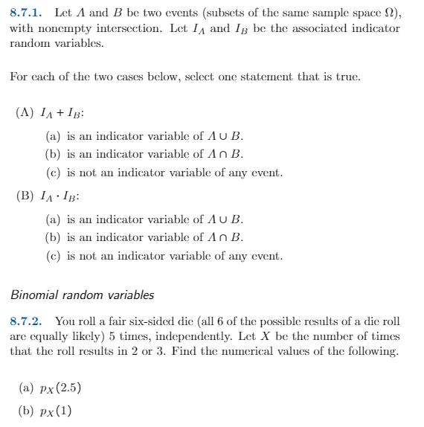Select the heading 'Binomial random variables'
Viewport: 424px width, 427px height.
click(x=82, y=295)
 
